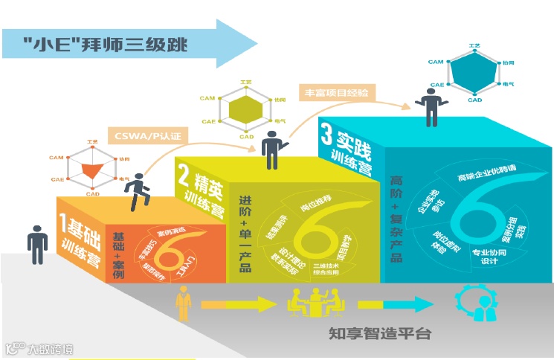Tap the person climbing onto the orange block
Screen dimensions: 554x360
(136, 192)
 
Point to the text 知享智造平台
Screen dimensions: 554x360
(379, 332)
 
